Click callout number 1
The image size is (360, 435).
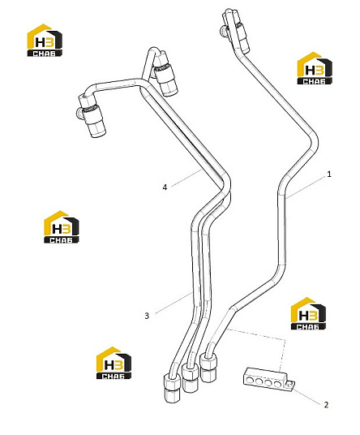coord(329,174)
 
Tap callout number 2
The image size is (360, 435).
coord(326,405)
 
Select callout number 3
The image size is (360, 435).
coord(147,316)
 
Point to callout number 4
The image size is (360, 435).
coord(165,187)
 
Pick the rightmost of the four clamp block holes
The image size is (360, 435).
coord(277,385)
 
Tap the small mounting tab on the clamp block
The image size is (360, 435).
coord(290,385)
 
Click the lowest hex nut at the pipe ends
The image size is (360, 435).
coord(172,388)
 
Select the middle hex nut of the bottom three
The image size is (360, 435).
coord(190,378)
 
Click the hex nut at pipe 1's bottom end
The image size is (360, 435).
coord(208,368)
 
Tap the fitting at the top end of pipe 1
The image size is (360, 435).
coord(234,31)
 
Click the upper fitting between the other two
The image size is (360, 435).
coord(165,74)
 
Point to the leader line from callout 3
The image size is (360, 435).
coord(174,303)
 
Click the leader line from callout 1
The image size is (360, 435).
coord(306,187)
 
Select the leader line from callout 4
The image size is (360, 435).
coord(186,178)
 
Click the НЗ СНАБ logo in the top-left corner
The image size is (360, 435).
coord(45,41)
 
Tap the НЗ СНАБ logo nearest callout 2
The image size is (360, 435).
coord(308,314)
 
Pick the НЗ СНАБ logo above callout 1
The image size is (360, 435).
coord(315,68)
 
